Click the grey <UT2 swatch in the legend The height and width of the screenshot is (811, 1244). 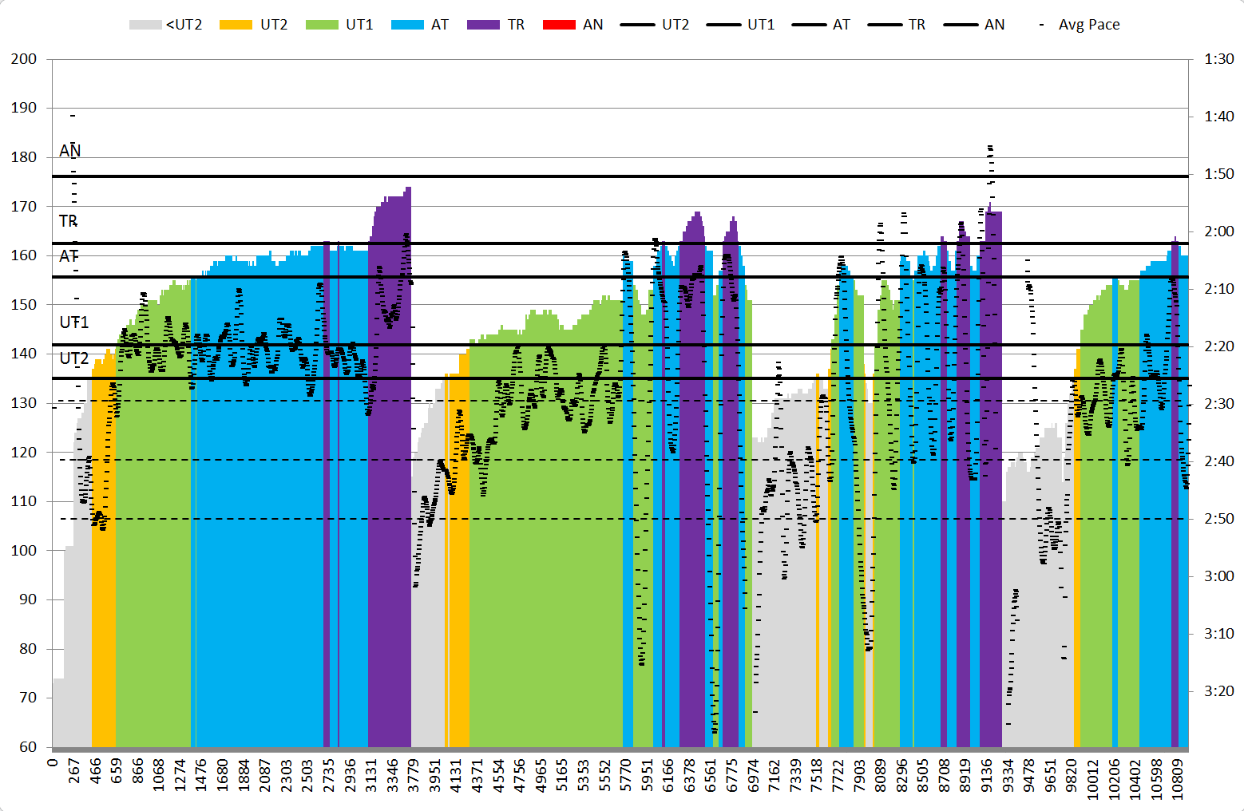click(145, 25)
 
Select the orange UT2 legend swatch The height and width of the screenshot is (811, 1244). click(236, 25)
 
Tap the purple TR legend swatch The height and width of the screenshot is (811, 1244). click(483, 25)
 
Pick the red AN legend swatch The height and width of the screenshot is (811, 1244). click(559, 25)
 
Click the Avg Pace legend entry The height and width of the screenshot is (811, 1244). click(1088, 25)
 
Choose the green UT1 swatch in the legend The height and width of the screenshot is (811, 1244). click(322, 25)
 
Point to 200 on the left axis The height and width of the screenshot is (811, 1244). click(24, 59)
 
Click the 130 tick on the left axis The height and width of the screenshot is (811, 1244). click(24, 403)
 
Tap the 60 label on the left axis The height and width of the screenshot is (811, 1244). click(28, 747)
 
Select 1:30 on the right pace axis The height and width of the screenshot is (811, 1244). click(1218, 59)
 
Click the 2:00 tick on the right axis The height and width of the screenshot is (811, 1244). click(1218, 231)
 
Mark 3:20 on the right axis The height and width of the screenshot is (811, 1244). click(1218, 691)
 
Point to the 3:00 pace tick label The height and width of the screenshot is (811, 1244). click(1218, 576)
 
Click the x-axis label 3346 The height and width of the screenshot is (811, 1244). click(392, 775)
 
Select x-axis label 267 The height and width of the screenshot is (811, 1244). click(74, 772)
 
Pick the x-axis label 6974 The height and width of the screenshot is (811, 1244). click(753, 775)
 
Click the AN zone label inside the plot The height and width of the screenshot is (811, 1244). click(70, 151)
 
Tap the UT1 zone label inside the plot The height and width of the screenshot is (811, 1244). click(74, 322)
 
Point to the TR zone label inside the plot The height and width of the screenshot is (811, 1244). click(69, 221)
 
